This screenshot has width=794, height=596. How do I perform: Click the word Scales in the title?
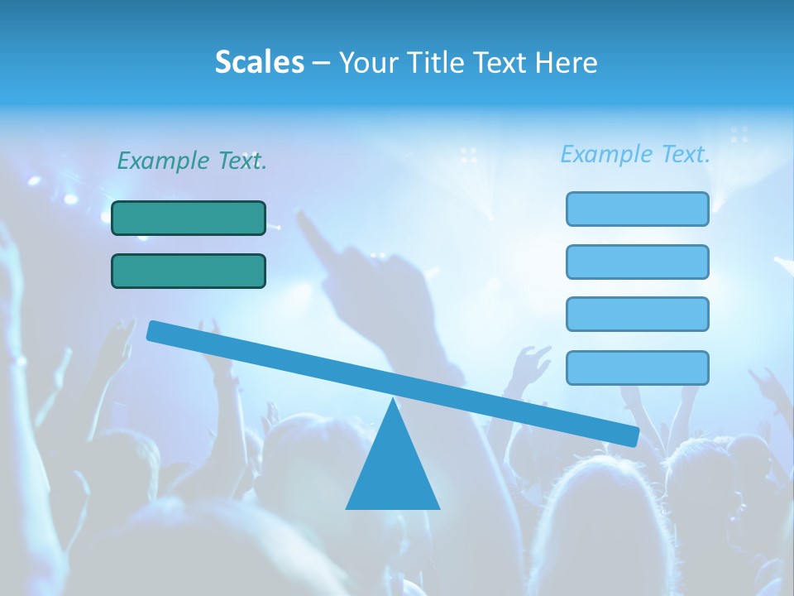coord(259,62)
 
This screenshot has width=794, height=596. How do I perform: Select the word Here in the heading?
coord(567,63)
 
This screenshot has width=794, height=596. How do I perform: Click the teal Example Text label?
coord(191,161)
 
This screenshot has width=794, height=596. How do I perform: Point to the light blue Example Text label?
coord(635,154)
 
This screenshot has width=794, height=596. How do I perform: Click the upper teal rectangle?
coord(189,218)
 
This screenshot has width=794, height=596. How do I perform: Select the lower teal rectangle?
coord(189,271)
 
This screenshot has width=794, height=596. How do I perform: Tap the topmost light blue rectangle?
coord(637,209)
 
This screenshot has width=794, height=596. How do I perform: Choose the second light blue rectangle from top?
coord(637,262)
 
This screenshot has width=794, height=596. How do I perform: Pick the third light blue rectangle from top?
coord(637,314)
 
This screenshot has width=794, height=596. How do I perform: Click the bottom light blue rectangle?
coord(637,368)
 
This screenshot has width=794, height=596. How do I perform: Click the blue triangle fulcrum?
coord(393,472)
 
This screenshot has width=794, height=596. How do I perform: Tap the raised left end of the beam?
coord(157,331)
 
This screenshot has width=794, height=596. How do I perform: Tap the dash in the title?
coord(321,63)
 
